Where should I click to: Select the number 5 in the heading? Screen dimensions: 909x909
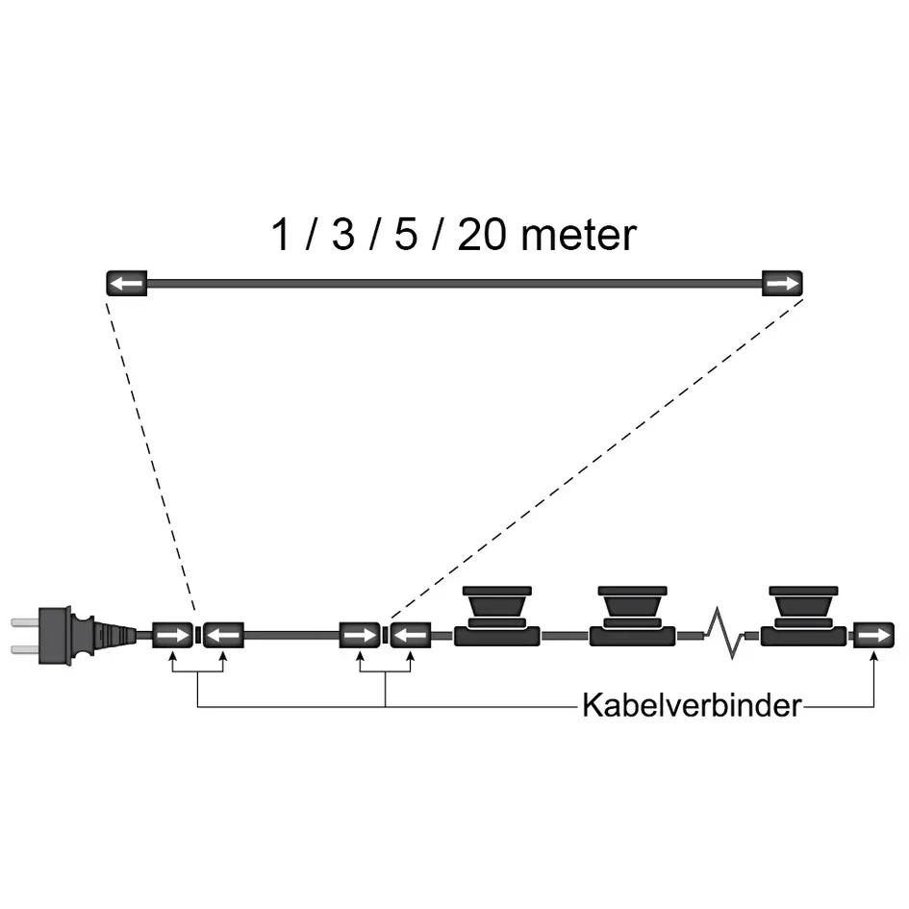click(x=406, y=236)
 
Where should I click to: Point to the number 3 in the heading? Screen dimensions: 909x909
click(x=342, y=236)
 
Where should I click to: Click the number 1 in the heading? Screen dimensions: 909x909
click(x=281, y=236)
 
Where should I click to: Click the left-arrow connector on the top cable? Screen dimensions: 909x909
click(x=125, y=285)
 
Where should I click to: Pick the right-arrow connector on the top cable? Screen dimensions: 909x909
click(x=782, y=285)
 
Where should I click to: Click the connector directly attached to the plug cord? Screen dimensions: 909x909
click(x=173, y=636)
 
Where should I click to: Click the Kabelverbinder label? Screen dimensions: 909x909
click(x=691, y=707)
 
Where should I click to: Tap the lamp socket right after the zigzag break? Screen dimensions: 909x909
click(x=802, y=616)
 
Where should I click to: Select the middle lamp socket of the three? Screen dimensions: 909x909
click(x=630, y=616)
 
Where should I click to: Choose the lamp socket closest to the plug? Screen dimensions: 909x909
click(x=496, y=616)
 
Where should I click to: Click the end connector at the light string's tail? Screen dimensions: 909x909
click(x=873, y=636)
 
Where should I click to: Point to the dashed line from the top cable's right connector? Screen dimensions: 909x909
click(x=596, y=452)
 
